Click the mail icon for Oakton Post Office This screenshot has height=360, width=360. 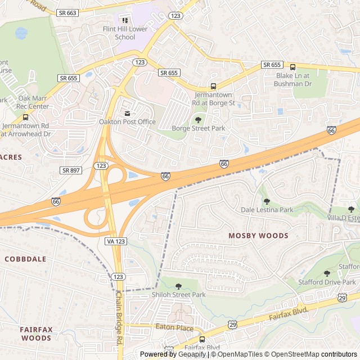click(x=127, y=114)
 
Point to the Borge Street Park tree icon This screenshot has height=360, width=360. click(x=198, y=119)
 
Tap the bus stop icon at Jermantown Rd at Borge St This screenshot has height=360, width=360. click(x=213, y=86)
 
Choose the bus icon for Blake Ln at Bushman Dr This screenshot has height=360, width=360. click(x=292, y=66)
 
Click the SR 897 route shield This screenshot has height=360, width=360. click(x=71, y=170)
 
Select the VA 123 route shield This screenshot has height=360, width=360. click(x=115, y=241)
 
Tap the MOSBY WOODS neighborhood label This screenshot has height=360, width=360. click(x=258, y=236)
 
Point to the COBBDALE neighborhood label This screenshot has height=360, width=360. click(x=25, y=259)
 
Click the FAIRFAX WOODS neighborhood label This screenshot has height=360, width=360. click(x=36, y=334)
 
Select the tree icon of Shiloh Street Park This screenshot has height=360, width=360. click(x=178, y=286)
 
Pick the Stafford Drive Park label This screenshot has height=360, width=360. click(x=327, y=282)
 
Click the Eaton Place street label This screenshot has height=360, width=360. click(x=174, y=328)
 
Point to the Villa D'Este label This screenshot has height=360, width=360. click(x=344, y=217)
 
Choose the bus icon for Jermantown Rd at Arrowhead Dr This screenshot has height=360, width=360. click(x=26, y=118)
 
